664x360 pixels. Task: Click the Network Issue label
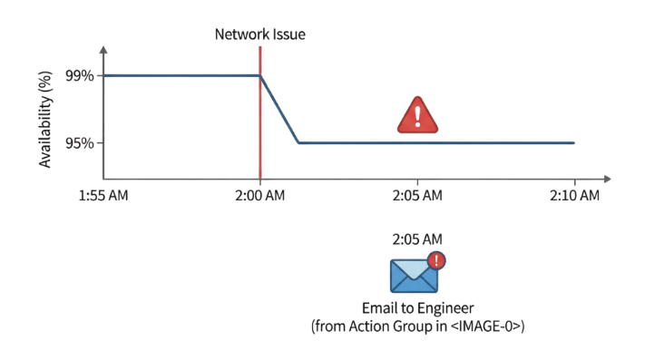(x=260, y=34)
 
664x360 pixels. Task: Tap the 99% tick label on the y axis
(x=80, y=76)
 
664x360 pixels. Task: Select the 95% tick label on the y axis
(x=80, y=143)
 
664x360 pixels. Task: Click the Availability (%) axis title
(x=44, y=120)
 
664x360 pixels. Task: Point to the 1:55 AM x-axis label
(x=103, y=196)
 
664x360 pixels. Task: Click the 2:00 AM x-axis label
(x=260, y=196)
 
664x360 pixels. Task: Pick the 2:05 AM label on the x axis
(x=417, y=196)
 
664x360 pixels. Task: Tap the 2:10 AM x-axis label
(x=574, y=196)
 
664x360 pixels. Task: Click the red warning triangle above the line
(x=417, y=116)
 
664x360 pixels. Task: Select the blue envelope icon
(x=414, y=276)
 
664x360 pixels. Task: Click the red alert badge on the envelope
(x=436, y=260)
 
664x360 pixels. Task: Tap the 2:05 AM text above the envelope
(x=417, y=239)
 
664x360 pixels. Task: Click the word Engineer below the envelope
(x=446, y=308)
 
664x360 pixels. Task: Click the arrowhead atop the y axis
(x=103, y=50)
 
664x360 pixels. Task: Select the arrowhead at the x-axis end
(x=607, y=180)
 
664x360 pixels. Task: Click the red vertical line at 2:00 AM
(x=260, y=112)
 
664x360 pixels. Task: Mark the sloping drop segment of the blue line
(x=279, y=110)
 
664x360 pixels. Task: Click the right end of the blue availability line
(x=574, y=143)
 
